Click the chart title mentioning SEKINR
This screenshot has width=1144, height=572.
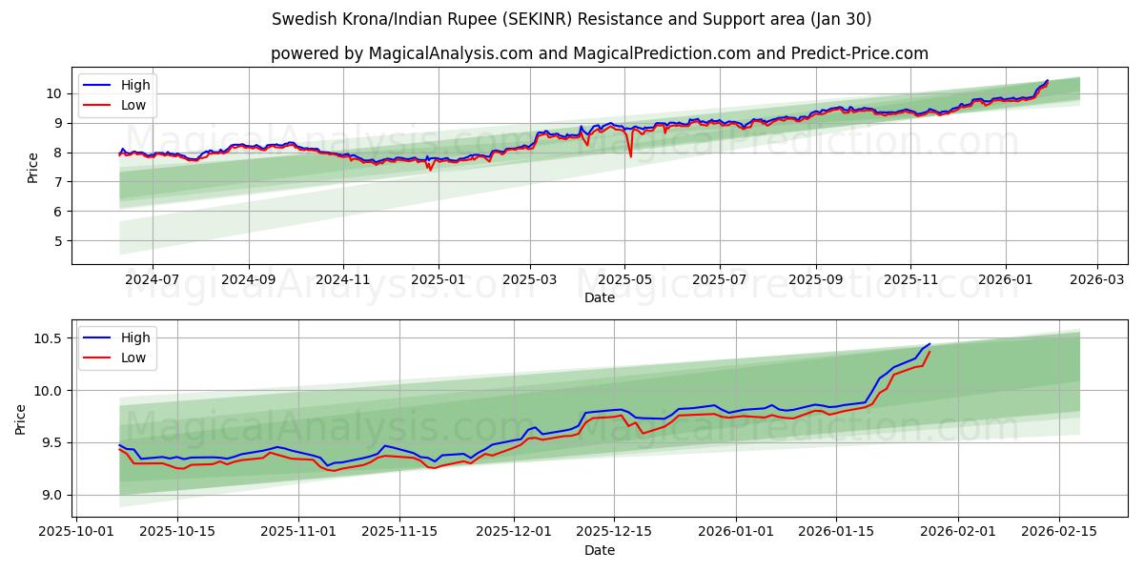tap(571, 19)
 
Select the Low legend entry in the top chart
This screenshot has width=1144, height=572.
tap(133, 105)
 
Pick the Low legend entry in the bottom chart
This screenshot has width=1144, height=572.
tap(133, 357)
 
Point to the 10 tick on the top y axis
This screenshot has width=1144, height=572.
tap(53, 93)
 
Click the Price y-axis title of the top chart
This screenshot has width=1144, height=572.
tap(33, 167)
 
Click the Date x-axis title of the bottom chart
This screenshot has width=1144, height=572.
tap(600, 551)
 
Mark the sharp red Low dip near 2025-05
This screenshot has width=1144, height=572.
tap(630, 156)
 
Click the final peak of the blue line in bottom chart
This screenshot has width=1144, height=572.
tap(929, 344)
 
